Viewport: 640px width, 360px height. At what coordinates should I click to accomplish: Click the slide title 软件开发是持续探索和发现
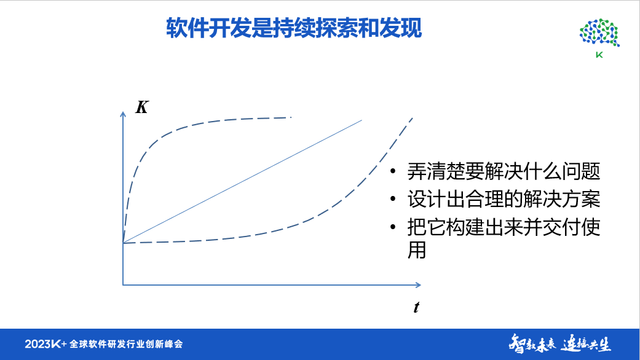pyautogui.click(x=294, y=28)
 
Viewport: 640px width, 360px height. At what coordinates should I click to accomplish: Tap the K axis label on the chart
pyautogui.click(x=141, y=108)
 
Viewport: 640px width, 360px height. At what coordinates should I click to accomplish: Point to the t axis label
pyautogui.click(x=416, y=308)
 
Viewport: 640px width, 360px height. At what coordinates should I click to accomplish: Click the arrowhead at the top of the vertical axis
pyautogui.click(x=124, y=114)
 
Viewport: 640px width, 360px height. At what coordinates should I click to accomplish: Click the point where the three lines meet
pyautogui.click(x=124, y=243)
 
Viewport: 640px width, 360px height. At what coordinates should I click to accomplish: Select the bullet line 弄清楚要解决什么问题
pyautogui.click(x=503, y=171)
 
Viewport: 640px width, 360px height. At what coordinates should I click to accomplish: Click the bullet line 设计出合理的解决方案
pyautogui.click(x=503, y=200)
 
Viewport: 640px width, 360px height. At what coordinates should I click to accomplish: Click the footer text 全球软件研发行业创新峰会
pyautogui.click(x=127, y=343)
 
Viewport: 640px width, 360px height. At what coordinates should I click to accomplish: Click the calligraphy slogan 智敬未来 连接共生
pyautogui.click(x=559, y=343)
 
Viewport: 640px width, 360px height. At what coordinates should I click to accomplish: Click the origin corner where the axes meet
pyautogui.click(x=124, y=284)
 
